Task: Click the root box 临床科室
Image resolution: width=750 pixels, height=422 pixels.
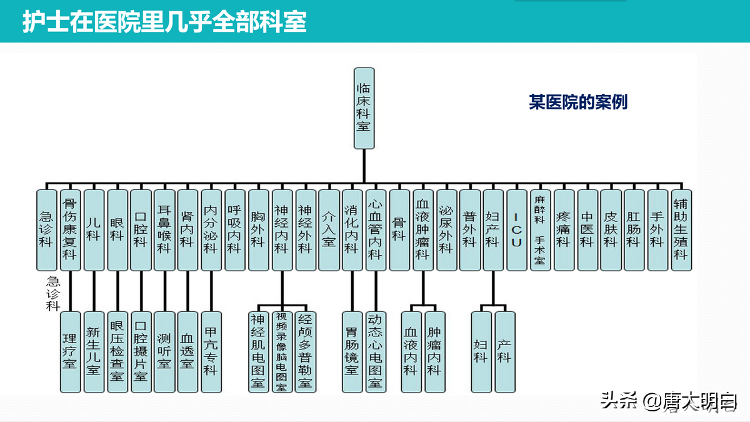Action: tap(363, 108)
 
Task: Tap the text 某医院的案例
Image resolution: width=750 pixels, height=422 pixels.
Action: tap(578, 103)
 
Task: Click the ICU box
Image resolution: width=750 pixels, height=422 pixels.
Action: tap(516, 229)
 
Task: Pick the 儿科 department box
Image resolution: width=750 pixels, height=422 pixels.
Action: tap(93, 229)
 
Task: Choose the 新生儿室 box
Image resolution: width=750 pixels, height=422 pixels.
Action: tap(93, 351)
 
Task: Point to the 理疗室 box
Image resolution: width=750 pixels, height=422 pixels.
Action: tap(70, 351)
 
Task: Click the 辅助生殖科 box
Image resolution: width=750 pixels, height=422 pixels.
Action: tap(681, 229)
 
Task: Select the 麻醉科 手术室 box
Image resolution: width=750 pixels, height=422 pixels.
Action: tap(539, 229)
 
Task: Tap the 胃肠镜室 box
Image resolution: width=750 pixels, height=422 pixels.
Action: tap(352, 351)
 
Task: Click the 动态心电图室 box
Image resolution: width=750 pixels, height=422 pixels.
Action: tap(375, 351)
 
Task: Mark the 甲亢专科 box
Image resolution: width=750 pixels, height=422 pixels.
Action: tap(211, 351)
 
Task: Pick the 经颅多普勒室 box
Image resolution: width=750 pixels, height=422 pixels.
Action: tap(304, 351)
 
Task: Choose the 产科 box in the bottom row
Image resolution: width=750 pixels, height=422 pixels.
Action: tap(504, 351)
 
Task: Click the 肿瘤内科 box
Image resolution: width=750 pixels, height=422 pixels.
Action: tap(434, 351)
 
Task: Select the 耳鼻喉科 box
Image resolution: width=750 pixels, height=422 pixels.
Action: tap(164, 229)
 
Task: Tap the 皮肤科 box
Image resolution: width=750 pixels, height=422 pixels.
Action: tap(611, 229)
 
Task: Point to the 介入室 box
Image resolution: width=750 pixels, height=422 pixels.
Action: tap(328, 229)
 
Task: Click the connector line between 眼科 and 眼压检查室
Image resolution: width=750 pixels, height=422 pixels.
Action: tap(117, 291)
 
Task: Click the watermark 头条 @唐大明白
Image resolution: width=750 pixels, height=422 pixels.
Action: tap(669, 400)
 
